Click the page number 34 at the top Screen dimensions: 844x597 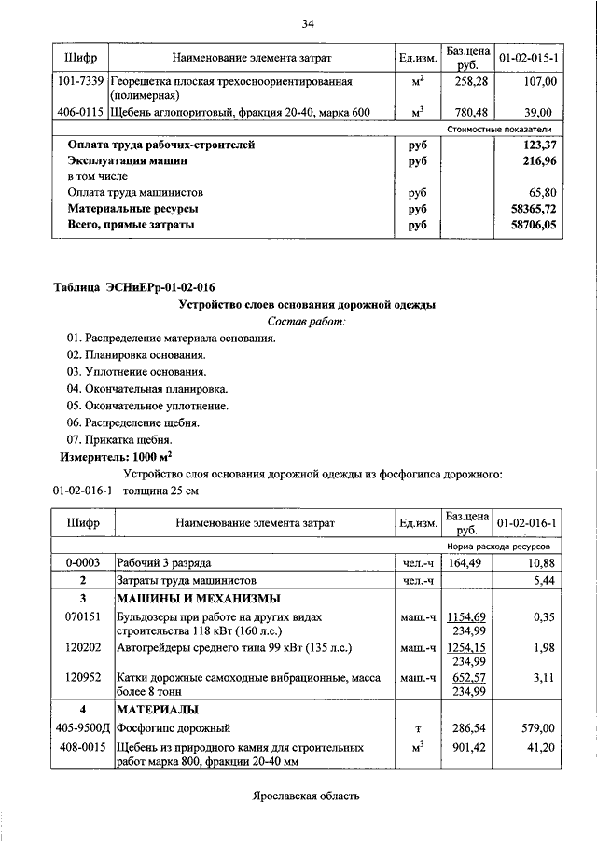tap(308, 22)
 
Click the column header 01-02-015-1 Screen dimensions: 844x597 tap(528, 58)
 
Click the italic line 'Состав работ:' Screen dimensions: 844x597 tap(306, 322)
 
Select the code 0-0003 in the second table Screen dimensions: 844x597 tap(82, 563)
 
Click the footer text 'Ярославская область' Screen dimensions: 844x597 tap(305, 796)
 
